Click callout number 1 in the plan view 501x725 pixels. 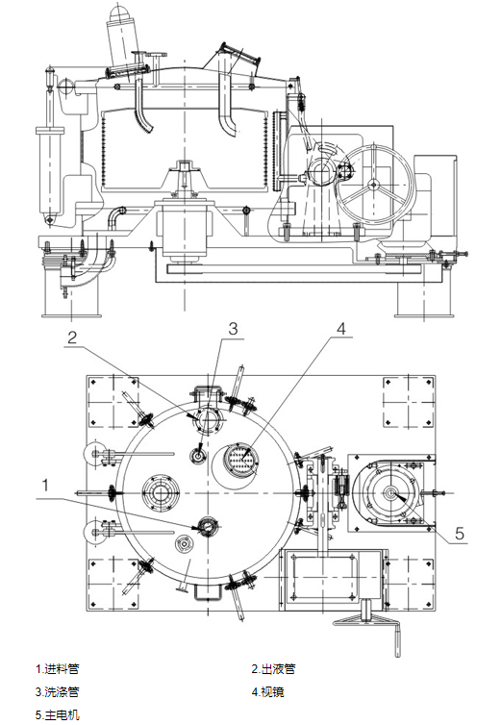45,486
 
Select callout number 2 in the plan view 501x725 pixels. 72,337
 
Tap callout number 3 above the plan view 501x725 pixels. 233,328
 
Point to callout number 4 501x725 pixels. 341,328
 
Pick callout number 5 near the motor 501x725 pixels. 460,534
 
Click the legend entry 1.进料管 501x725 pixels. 58,668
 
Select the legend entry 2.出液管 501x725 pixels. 273,668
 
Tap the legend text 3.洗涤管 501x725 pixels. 58,691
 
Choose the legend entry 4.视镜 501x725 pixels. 268,691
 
